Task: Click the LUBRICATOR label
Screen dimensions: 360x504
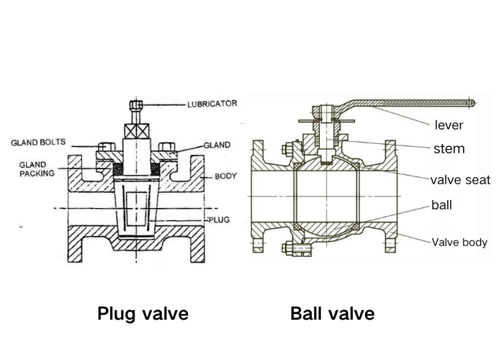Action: [x=212, y=104]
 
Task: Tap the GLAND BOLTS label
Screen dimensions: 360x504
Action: [x=40, y=143]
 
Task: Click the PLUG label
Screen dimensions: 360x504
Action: [x=218, y=219]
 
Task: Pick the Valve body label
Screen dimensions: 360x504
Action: [x=459, y=243]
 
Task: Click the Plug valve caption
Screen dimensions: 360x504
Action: [x=143, y=314]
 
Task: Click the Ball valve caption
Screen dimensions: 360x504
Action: [x=333, y=314]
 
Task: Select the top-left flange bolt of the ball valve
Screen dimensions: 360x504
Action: [x=287, y=150]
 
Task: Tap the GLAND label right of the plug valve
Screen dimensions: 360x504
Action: [x=217, y=145]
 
